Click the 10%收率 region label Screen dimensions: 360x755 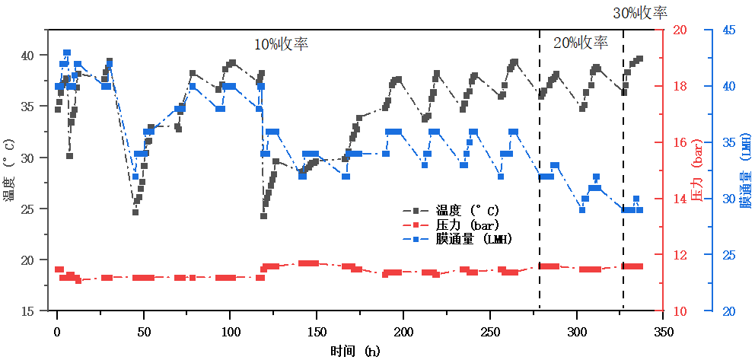click(282, 43)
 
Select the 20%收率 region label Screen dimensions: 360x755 click(581, 43)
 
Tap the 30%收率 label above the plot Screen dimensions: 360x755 click(640, 13)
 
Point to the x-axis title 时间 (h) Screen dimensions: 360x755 click(355, 351)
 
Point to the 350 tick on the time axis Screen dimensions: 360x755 click(664, 333)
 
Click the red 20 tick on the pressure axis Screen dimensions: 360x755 click(679, 30)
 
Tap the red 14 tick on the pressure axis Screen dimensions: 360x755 click(679, 199)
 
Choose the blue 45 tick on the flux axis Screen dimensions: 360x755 click(728, 30)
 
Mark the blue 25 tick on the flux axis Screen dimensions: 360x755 click(728, 255)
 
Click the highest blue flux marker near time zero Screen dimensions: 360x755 click(67, 53)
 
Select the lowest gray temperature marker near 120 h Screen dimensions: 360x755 click(264, 215)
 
